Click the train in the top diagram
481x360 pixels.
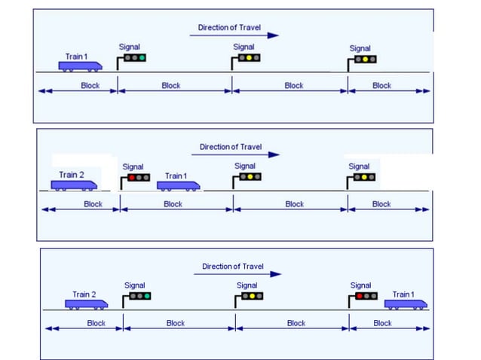coord(80,66)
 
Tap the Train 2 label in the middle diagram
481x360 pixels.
coord(72,175)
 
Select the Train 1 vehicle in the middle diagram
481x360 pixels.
coord(179,185)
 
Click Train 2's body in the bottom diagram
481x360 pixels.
coord(86,304)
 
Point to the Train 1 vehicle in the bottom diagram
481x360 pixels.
coord(406,304)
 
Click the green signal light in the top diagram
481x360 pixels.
coord(141,57)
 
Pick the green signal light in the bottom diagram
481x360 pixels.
coord(146,296)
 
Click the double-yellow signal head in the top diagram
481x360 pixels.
coord(364,59)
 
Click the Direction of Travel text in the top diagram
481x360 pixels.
coord(228,28)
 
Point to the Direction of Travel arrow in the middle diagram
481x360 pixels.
coord(234,154)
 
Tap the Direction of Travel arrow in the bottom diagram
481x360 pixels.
coord(237,274)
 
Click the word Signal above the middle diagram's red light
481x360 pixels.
coord(133,167)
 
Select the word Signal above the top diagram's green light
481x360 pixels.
coord(130,47)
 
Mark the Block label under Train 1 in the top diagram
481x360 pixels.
coord(90,86)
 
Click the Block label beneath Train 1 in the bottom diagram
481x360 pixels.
coord(383,323)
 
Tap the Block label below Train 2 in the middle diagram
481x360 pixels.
coord(93,204)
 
